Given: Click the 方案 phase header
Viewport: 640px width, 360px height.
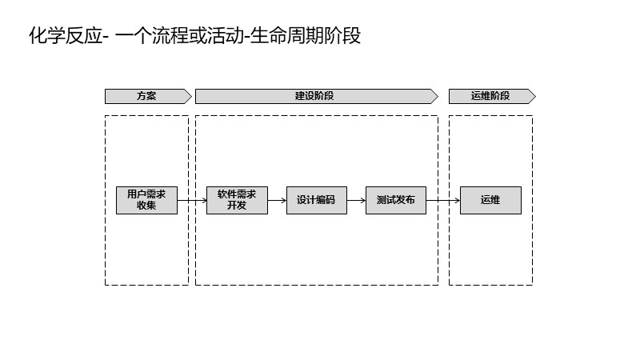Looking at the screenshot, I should [147, 96].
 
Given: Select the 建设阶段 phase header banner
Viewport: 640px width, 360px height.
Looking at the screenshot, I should [314, 96].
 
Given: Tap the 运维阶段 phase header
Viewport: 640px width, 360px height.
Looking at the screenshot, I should [490, 96].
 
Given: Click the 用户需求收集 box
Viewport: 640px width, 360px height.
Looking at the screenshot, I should [146, 200].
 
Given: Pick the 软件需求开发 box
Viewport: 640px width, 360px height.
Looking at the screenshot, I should [237, 200].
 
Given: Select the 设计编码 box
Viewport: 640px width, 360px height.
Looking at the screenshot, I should [317, 200].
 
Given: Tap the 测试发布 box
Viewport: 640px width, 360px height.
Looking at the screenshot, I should [396, 200].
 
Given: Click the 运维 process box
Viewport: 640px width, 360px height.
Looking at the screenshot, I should [490, 200].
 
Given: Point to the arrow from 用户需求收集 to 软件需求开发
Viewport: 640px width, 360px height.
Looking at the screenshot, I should [192, 200].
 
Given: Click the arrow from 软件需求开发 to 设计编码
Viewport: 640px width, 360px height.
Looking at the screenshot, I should [277, 200].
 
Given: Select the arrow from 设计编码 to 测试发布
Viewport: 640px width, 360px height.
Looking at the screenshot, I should [356, 200].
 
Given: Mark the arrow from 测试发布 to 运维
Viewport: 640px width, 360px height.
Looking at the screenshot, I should [443, 200].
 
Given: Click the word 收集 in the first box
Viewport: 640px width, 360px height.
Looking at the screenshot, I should [146, 206].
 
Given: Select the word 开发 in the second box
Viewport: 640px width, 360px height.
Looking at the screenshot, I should [237, 206].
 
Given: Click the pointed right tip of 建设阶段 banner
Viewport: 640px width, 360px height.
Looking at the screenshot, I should [436, 96].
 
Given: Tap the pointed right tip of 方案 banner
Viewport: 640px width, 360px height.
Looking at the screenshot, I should [190, 96].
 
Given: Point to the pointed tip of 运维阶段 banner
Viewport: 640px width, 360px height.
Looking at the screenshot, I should [534, 96].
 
